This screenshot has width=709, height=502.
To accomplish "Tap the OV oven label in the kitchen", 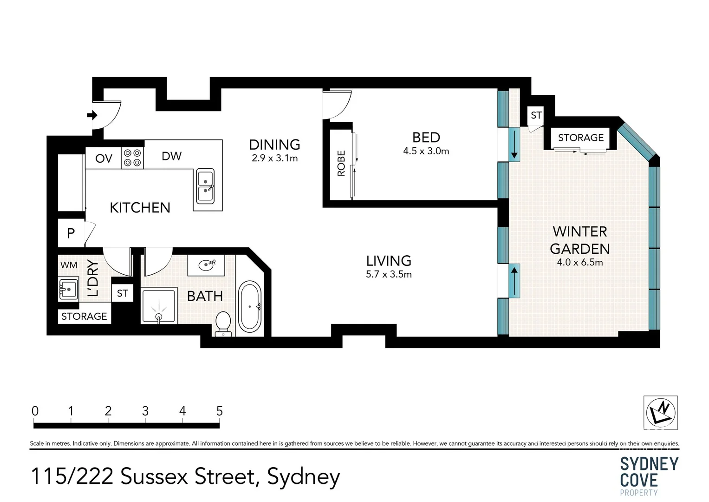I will coord(104,159).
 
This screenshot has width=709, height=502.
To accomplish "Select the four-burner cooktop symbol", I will coord(132,158).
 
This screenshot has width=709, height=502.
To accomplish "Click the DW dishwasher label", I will coord(171,156).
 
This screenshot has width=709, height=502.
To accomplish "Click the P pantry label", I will coord(71,233).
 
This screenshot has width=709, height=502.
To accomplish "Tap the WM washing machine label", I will coord(69,265).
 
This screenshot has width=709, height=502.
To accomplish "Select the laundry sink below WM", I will coord(68,289).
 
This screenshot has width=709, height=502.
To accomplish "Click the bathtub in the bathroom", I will coord(250,307).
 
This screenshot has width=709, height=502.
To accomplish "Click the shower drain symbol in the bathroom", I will coord(159,317).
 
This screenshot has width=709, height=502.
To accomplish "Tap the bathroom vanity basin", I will coord(206,265).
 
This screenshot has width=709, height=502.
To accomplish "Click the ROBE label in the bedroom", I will coord(341,163).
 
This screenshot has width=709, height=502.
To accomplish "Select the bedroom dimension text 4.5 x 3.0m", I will coord(426,151).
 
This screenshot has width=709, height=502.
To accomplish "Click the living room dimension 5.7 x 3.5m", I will coord(389,274).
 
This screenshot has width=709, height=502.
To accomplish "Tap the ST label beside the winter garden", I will coord(536,115).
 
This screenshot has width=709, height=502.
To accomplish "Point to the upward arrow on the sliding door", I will coord(514,280).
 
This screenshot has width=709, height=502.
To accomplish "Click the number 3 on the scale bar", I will coord(145,411).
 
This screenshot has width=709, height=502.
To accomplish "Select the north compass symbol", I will coord(660,412).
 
